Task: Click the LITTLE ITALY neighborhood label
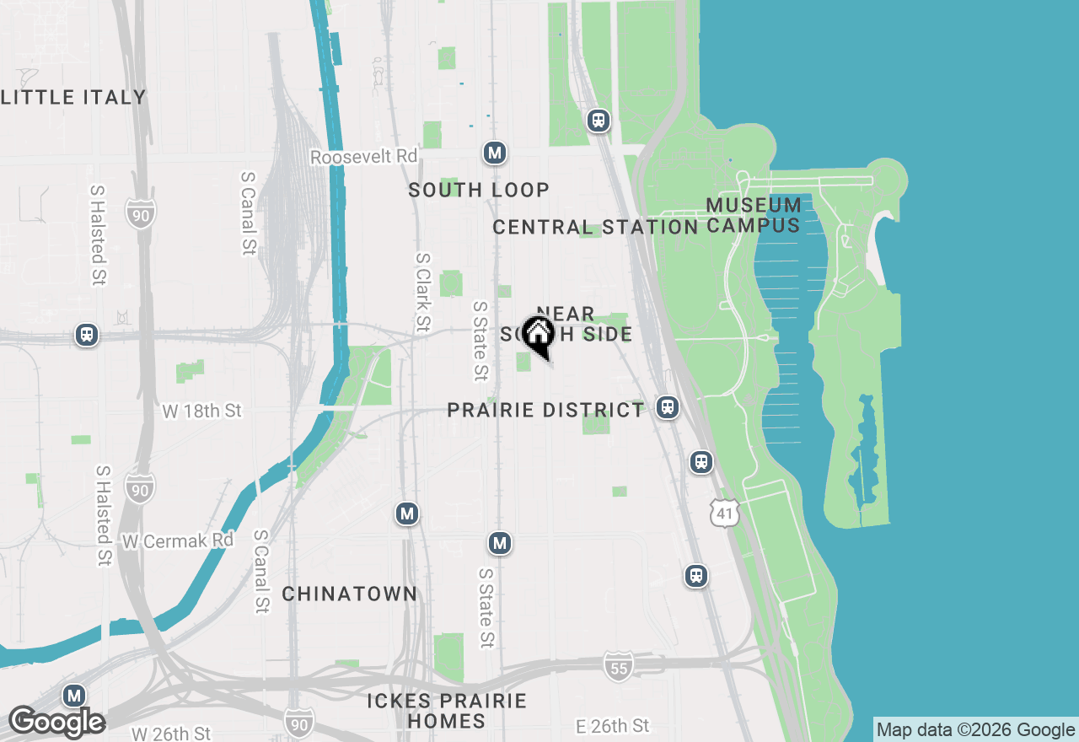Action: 74,97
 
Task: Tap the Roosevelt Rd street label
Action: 363,157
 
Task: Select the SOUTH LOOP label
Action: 479,190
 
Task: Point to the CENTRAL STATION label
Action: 595,227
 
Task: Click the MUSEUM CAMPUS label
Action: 754,215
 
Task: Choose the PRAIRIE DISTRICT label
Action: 545,410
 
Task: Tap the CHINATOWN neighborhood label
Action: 349,594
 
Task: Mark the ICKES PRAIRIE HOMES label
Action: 447,711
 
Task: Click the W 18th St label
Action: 201,411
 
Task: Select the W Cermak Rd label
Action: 177,540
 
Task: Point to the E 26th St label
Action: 612,725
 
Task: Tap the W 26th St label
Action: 171,732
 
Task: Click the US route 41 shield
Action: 724,512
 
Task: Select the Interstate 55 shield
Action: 618,666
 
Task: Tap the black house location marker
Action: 538,335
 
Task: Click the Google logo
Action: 56,722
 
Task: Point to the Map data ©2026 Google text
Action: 975,730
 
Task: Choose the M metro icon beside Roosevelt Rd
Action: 495,153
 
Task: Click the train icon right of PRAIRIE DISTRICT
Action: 668,407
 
